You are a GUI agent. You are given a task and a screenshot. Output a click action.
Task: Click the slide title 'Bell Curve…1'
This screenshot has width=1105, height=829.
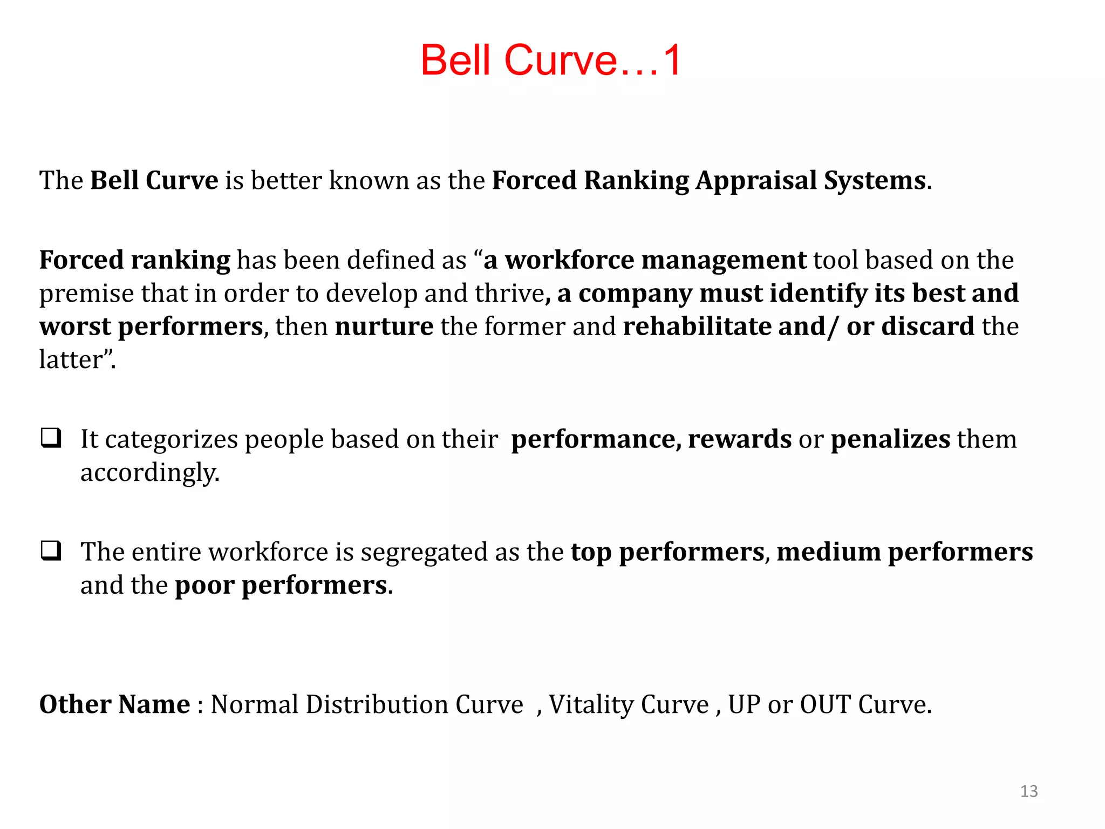(551, 60)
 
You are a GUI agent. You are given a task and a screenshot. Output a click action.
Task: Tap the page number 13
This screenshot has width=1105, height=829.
(1029, 791)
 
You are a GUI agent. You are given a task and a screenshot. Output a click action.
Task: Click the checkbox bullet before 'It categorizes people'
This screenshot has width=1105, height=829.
(51, 438)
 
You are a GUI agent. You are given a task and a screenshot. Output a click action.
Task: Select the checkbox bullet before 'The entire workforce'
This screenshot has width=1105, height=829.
(51, 551)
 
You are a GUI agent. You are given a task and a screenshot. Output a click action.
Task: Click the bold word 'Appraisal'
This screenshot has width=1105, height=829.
(756, 180)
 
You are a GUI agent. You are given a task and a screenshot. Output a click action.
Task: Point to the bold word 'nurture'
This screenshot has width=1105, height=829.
(384, 327)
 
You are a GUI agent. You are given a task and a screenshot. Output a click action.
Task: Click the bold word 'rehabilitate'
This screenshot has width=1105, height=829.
(697, 327)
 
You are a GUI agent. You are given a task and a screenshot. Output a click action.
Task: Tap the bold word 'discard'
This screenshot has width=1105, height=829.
(927, 327)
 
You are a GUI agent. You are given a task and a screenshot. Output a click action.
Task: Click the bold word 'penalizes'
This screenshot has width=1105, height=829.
(890, 439)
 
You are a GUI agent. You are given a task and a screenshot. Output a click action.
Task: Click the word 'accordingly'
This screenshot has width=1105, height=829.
(149, 473)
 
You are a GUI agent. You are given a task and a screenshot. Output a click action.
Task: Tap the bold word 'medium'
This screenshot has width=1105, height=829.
(829, 552)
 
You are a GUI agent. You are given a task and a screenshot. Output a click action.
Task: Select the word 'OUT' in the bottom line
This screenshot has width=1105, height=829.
(825, 704)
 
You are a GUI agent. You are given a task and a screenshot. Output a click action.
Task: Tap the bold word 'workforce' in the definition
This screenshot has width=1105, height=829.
(569, 260)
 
